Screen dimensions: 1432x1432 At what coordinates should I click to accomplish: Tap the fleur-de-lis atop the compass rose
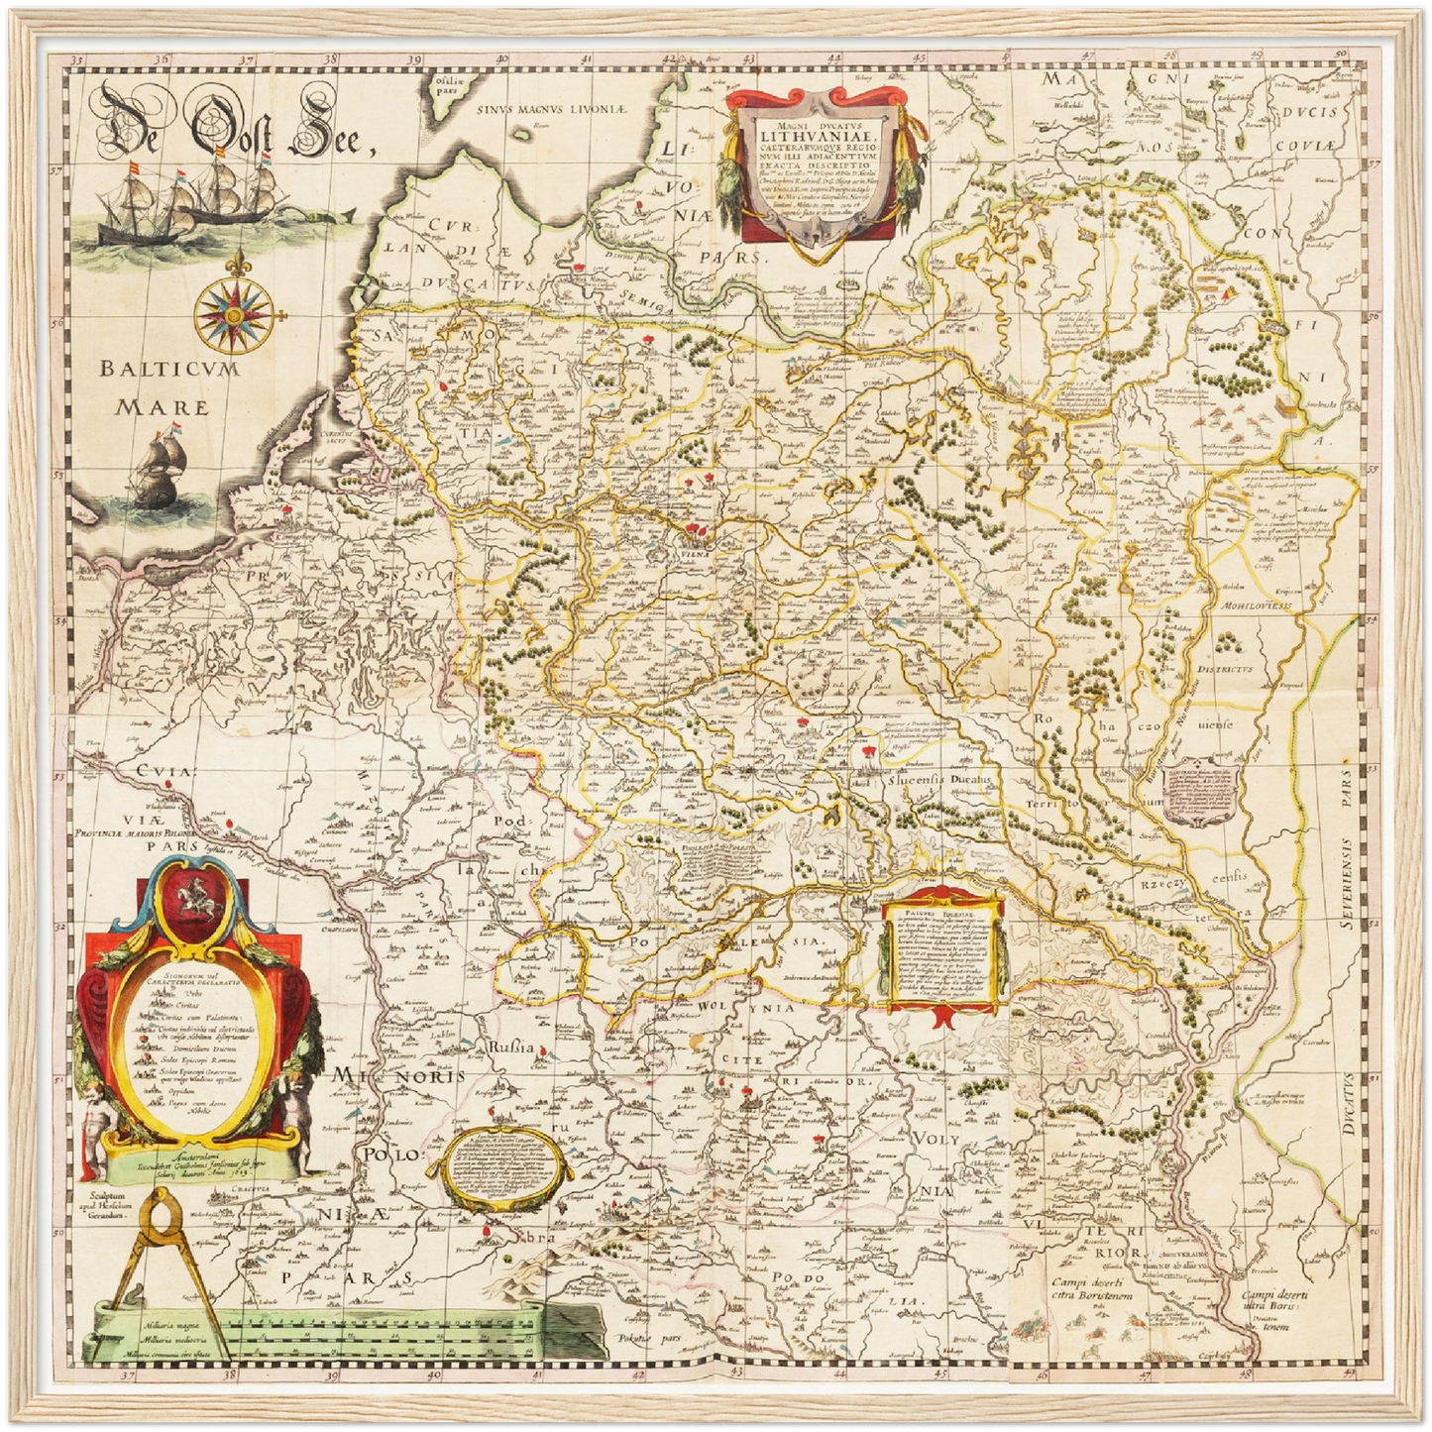point(237,265)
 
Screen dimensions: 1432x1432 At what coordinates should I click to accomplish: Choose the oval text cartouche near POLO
point(503,1167)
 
